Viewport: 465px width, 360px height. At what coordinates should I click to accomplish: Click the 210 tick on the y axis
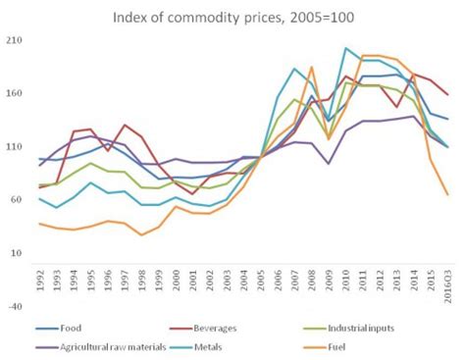(x=18, y=40)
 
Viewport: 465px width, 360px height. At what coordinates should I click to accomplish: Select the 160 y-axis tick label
(x=18, y=93)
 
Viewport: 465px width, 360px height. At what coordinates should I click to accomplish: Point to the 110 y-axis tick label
(x=18, y=146)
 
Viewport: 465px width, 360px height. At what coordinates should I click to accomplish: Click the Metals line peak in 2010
(x=345, y=47)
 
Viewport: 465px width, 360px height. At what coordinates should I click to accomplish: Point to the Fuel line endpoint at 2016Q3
(x=447, y=194)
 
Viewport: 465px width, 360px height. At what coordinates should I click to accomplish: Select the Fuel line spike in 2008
(x=311, y=68)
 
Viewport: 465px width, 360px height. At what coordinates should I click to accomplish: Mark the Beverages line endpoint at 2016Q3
(x=447, y=95)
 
